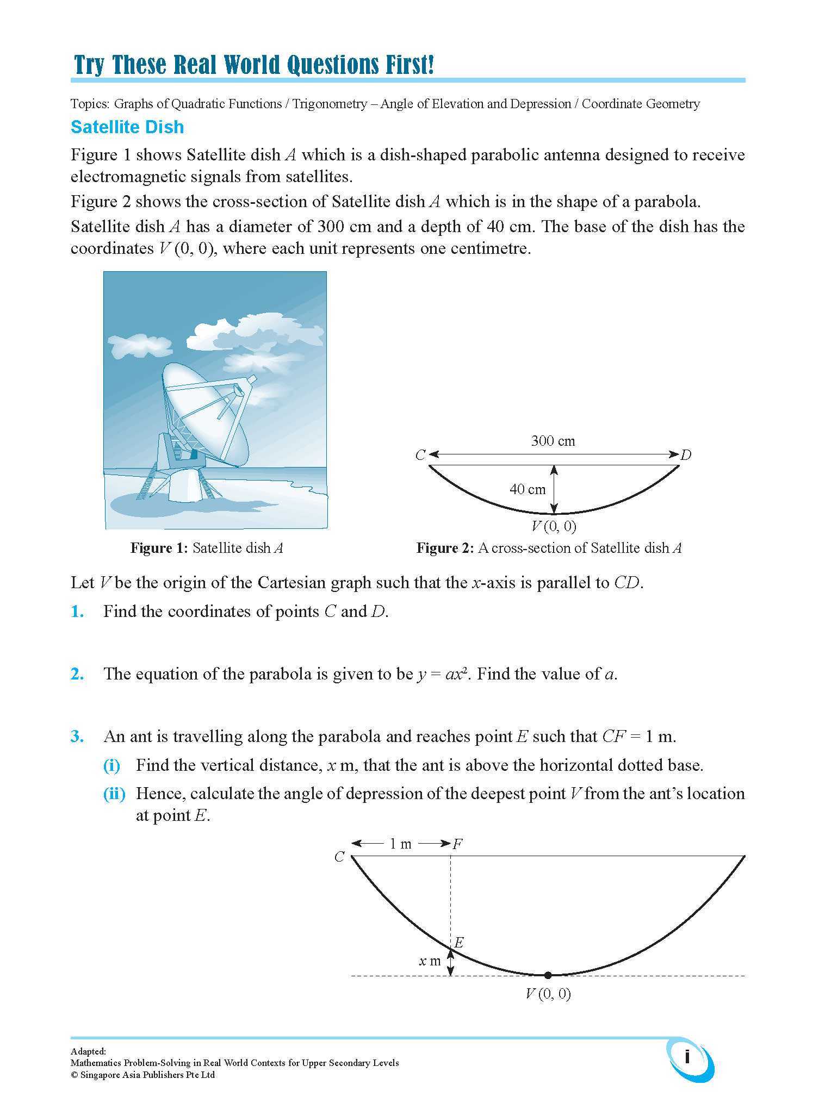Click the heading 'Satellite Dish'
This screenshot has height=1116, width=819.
coord(127,127)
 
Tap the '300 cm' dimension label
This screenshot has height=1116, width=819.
coord(553,441)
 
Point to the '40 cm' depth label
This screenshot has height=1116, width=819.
coord(527,489)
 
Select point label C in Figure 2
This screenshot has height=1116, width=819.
coord(420,455)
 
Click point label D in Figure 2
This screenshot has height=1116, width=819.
coord(686,455)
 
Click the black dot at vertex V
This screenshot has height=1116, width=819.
coord(548,975)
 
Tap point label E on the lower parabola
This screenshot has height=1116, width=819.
coord(458,942)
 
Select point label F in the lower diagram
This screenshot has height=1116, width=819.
coord(457,844)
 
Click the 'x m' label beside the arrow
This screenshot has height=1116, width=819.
coord(430,961)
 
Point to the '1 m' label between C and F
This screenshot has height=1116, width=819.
coord(400,844)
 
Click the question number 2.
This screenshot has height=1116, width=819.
coord(77,674)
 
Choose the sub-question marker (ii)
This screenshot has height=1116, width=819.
coord(114,794)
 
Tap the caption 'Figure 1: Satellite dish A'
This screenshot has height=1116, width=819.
coord(207,548)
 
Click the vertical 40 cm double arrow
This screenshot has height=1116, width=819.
coord(554,489)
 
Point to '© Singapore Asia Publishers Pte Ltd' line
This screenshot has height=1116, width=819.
coord(142,1075)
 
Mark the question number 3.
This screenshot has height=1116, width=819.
coord(77,737)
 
